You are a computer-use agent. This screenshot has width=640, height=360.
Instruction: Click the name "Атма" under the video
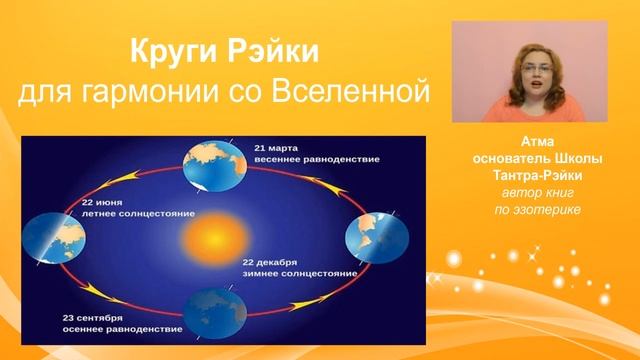(537, 144)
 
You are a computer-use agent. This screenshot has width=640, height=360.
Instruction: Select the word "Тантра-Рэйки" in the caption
(537, 177)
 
